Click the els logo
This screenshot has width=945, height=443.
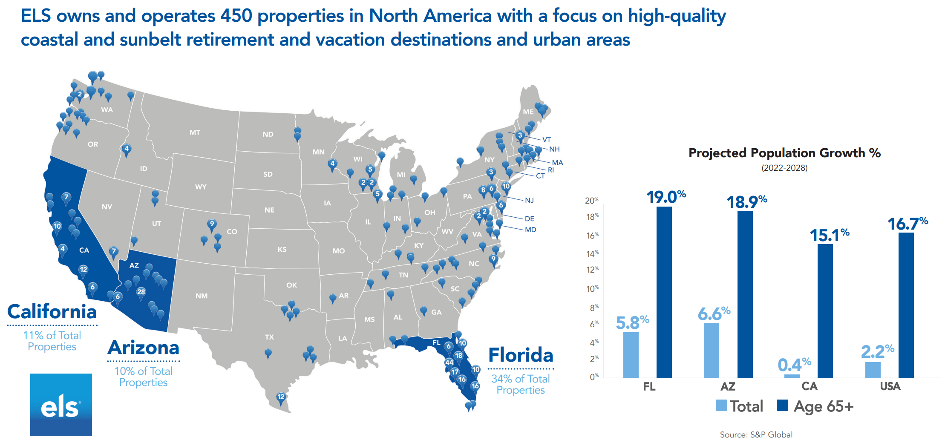[61, 405]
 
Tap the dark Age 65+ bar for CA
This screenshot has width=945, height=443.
[825, 311]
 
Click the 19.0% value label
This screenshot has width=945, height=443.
[666, 197]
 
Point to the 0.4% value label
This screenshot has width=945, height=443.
[794, 365]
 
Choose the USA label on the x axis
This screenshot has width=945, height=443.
[890, 386]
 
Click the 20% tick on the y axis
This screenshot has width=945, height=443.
[591, 200]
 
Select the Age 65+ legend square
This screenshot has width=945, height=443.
[782, 405]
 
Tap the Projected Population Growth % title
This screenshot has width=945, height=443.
[784, 153]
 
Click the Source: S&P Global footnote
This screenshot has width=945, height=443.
[756, 434]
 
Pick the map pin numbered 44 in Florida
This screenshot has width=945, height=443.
[449, 363]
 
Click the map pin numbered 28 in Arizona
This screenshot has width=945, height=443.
[141, 292]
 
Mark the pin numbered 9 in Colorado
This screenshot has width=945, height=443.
[212, 224]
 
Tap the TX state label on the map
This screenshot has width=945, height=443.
[269, 337]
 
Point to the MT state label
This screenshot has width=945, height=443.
[195, 132]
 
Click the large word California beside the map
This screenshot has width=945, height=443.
[52, 311]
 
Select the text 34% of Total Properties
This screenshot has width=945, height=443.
[521, 384]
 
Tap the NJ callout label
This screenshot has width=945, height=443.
[529, 200]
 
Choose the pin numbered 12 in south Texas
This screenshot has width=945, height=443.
[281, 397]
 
